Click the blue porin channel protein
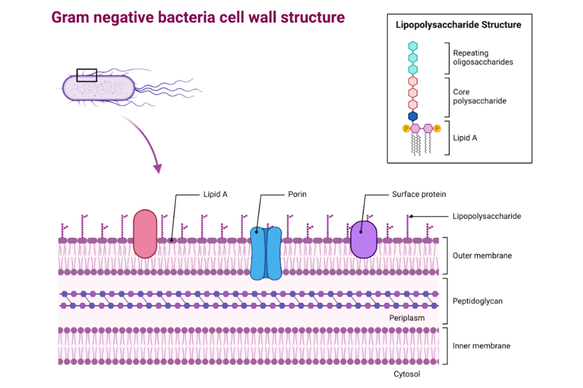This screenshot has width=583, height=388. [x=266, y=253]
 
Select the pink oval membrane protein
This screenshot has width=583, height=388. [x=145, y=234]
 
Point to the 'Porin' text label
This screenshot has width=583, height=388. [x=297, y=194]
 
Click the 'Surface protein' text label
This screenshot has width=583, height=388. [x=419, y=194]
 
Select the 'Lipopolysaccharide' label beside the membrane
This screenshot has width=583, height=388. [x=487, y=216]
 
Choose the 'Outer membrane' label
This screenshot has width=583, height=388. [x=482, y=256]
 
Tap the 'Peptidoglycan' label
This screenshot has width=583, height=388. [x=477, y=301]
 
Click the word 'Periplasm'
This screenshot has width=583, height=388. [x=407, y=318]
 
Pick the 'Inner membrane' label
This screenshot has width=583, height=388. [x=481, y=345]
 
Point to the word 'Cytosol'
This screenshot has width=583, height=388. [x=406, y=374]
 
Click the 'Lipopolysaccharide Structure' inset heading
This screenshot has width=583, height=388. [x=458, y=25]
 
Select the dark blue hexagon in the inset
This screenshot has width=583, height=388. [x=413, y=116]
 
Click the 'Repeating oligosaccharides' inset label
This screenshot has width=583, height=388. [x=483, y=58]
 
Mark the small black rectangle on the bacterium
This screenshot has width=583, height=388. [x=87, y=75]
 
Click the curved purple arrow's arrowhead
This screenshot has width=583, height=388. [x=157, y=168]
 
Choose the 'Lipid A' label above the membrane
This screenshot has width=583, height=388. [x=215, y=194]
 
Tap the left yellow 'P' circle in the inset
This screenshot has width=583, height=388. [x=406, y=129]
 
